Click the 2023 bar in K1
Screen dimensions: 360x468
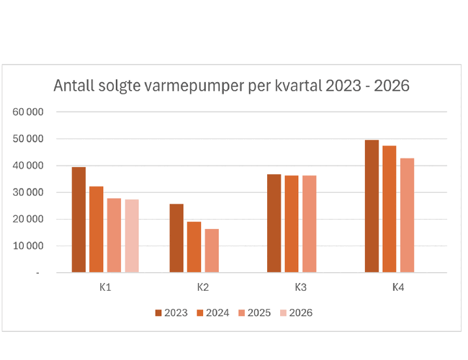click(x=78, y=220)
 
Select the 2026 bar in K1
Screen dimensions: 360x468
click(x=131, y=236)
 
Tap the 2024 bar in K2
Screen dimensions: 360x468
click(x=194, y=247)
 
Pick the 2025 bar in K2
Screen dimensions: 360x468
click(x=211, y=251)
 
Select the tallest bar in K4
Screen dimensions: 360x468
click(x=372, y=206)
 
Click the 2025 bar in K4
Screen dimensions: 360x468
click(x=407, y=215)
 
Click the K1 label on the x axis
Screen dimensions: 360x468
click(x=105, y=287)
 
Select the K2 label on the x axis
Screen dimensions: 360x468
click(x=203, y=287)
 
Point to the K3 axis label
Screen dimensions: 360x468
click(x=300, y=287)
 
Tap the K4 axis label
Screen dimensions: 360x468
click(x=398, y=287)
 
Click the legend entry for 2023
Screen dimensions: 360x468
click(x=171, y=312)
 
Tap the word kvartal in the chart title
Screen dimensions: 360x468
click(x=297, y=86)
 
